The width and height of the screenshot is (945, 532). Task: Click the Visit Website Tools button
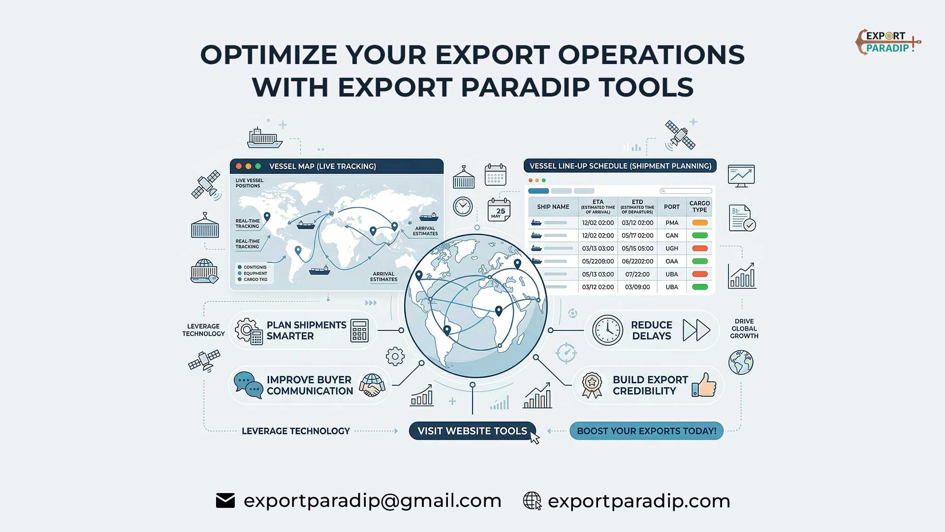[x=472, y=431]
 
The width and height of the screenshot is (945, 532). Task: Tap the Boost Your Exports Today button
[x=646, y=431]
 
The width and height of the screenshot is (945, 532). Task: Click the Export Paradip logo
[x=887, y=42]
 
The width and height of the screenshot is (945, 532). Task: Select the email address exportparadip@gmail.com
[x=373, y=501]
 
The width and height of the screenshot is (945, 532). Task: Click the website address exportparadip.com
[x=639, y=501]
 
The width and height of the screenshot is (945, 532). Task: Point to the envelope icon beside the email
[x=225, y=501]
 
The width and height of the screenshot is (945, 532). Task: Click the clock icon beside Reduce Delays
[x=607, y=330]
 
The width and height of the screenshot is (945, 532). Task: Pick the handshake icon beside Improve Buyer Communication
[x=372, y=385]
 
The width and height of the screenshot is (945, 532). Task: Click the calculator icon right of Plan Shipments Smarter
[x=359, y=330]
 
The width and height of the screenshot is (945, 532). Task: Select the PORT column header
[x=671, y=207]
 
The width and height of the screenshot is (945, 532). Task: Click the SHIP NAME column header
[x=553, y=207]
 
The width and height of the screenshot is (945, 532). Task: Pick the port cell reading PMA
[x=671, y=223]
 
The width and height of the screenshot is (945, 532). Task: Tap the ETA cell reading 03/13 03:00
[x=598, y=248]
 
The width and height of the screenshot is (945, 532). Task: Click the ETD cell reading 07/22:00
[x=637, y=274]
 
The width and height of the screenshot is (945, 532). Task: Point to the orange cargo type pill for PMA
[x=699, y=223]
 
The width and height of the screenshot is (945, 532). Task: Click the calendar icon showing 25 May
[x=499, y=210]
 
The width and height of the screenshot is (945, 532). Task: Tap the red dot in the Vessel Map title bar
[x=239, y=166]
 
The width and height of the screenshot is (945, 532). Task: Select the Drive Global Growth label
[x=744, y=329]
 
